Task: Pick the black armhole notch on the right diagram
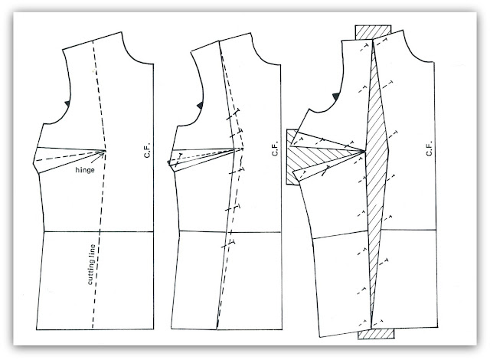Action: point(335,97)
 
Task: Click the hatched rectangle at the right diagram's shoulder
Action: point(373,32)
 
